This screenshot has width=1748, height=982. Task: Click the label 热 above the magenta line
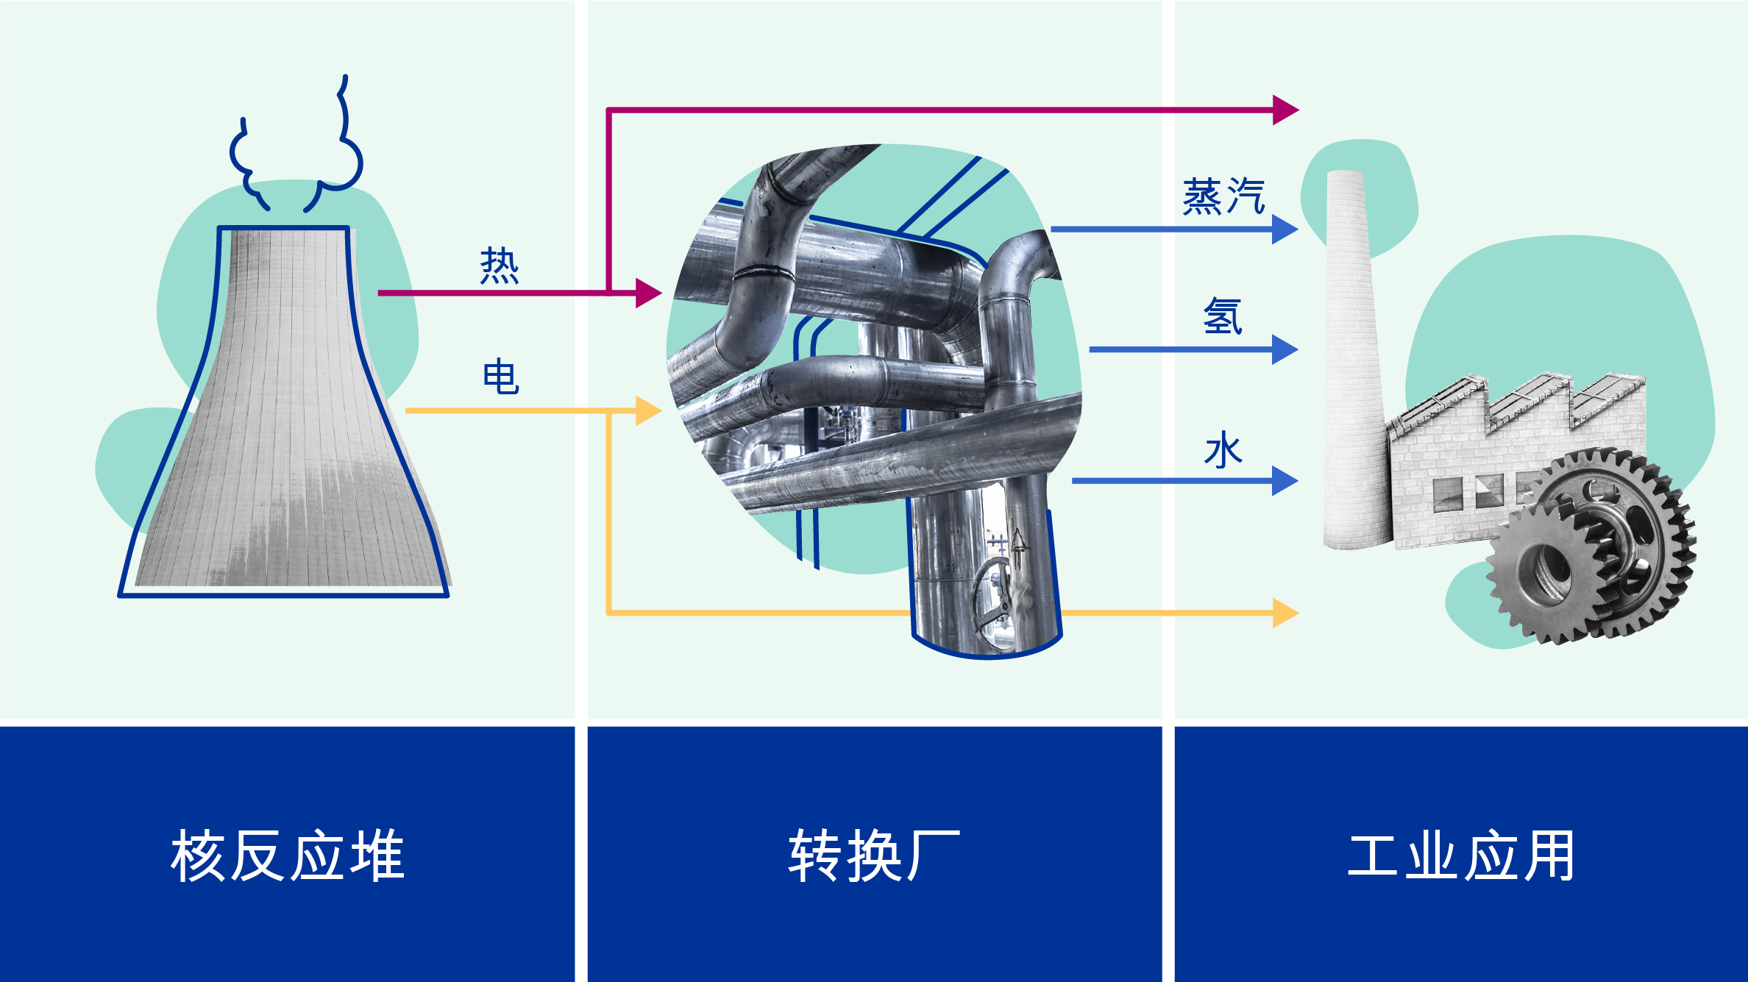(500, 266)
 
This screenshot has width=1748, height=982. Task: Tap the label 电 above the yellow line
(501, 377)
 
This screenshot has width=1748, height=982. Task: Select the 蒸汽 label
(1223, 197)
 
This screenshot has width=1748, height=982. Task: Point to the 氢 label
(1223, 316)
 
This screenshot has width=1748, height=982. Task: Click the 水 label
(1223, 450)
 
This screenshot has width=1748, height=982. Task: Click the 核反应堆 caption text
(287, 855)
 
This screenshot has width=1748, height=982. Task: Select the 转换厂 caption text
(874, 855)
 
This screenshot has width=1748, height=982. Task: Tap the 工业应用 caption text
(1461, 855)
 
